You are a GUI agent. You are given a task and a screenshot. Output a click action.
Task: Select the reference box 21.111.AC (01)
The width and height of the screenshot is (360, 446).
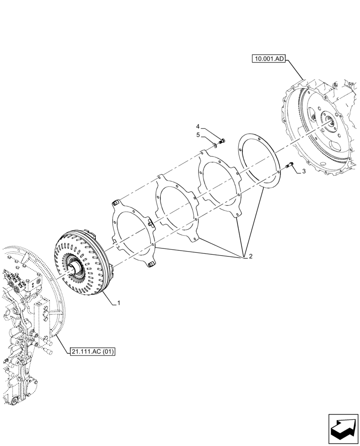point(92,352)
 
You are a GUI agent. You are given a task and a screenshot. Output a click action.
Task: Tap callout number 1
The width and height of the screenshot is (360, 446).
point(119,303)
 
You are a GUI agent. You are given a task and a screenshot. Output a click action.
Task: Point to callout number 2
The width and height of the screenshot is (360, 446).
point(250,256)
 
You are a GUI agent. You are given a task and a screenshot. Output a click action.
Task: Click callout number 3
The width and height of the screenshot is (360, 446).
point(304,171)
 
